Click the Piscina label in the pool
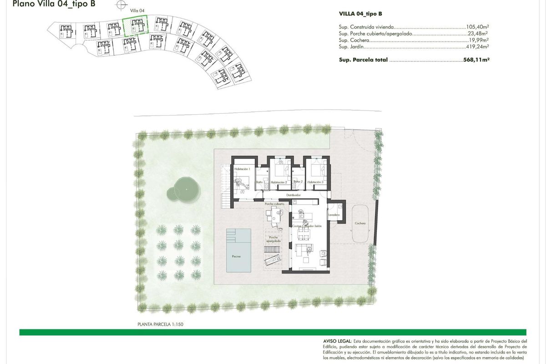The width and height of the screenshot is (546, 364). [236, 256]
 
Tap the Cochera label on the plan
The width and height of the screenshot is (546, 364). [360, 223]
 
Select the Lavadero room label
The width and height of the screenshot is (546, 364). [334, 214]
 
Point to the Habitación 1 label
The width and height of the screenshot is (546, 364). [242, 169]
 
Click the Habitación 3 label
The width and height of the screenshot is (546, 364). [315, 182]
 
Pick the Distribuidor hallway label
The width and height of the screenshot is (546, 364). [293, 195]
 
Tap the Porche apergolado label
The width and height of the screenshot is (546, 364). [273, 240]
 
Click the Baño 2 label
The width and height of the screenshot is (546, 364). [298, 182]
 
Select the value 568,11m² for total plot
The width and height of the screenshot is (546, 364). [476, 60]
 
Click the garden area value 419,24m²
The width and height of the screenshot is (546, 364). [477, 46]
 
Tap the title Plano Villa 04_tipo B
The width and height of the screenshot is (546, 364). [54, 5]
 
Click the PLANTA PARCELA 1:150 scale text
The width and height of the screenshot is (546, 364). [160, 324]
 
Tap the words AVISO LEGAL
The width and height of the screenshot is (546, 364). [337, 341]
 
